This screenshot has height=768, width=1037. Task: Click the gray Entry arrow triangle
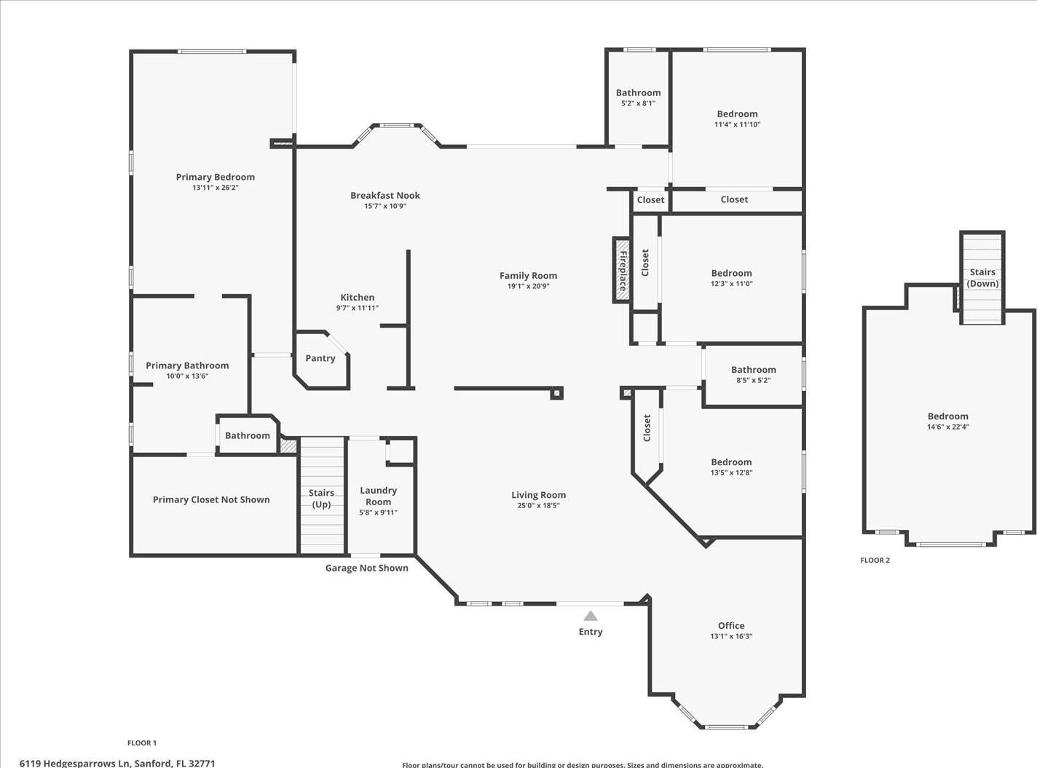click(591, 616)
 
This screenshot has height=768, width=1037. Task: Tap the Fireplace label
click(623, 271)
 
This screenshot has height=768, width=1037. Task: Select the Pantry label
click(320, 358)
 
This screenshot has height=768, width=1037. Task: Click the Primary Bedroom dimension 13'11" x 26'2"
click(216, 187)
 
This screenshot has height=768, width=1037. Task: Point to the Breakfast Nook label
click(385, 195)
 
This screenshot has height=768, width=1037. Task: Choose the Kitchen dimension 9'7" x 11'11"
click(358, 308)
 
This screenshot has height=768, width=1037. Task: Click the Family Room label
click(528, 276)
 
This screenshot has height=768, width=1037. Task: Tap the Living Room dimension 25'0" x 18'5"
click(539, 505)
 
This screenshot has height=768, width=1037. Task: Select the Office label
click(731, 625)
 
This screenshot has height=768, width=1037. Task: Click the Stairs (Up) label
click(321, 498)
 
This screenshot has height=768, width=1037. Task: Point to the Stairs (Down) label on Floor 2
click(982, 277)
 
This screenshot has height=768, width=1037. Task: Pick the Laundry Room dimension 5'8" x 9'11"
click(378, 512)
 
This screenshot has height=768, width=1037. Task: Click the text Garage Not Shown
click(366, 568)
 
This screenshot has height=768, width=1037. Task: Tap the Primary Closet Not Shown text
click(211, 499)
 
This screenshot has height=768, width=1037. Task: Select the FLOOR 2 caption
click(875, 560)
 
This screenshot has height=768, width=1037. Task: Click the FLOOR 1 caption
click(142, 743)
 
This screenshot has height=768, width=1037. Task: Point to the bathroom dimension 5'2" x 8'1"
click(638, 103)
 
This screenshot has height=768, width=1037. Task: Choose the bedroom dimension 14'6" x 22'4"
click(948, 427)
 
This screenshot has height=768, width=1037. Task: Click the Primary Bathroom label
click(187, 365)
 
